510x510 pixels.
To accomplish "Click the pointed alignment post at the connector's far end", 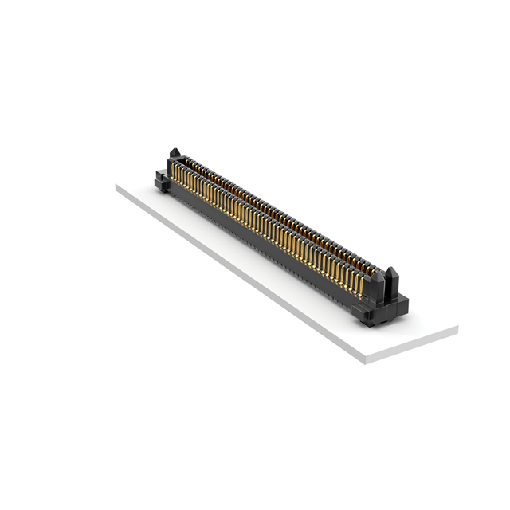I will tap(175, 154).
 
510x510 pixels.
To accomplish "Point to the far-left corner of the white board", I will tap(116, 185).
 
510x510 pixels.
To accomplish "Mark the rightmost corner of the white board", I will tap(457, 328).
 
